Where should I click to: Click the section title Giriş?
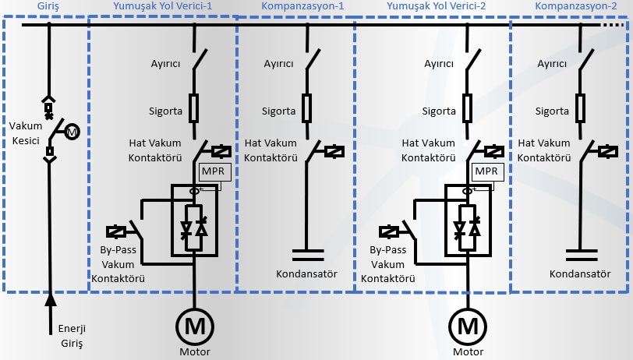coord(48,5)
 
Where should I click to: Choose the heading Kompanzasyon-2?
coord(571,5)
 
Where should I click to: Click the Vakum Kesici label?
coord(25,132)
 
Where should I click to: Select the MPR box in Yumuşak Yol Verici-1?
coord(210,171)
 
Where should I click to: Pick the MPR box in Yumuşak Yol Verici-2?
coord(486,171)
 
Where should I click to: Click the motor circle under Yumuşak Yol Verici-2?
coord(468,325)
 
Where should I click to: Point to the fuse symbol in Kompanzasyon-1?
coord(307,108)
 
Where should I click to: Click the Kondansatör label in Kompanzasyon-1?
coord(306,274)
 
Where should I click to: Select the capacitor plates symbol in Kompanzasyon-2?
coord(580,253)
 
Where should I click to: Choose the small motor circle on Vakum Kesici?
coord(71,132)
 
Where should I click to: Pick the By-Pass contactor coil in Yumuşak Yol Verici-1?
coord(115,231)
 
